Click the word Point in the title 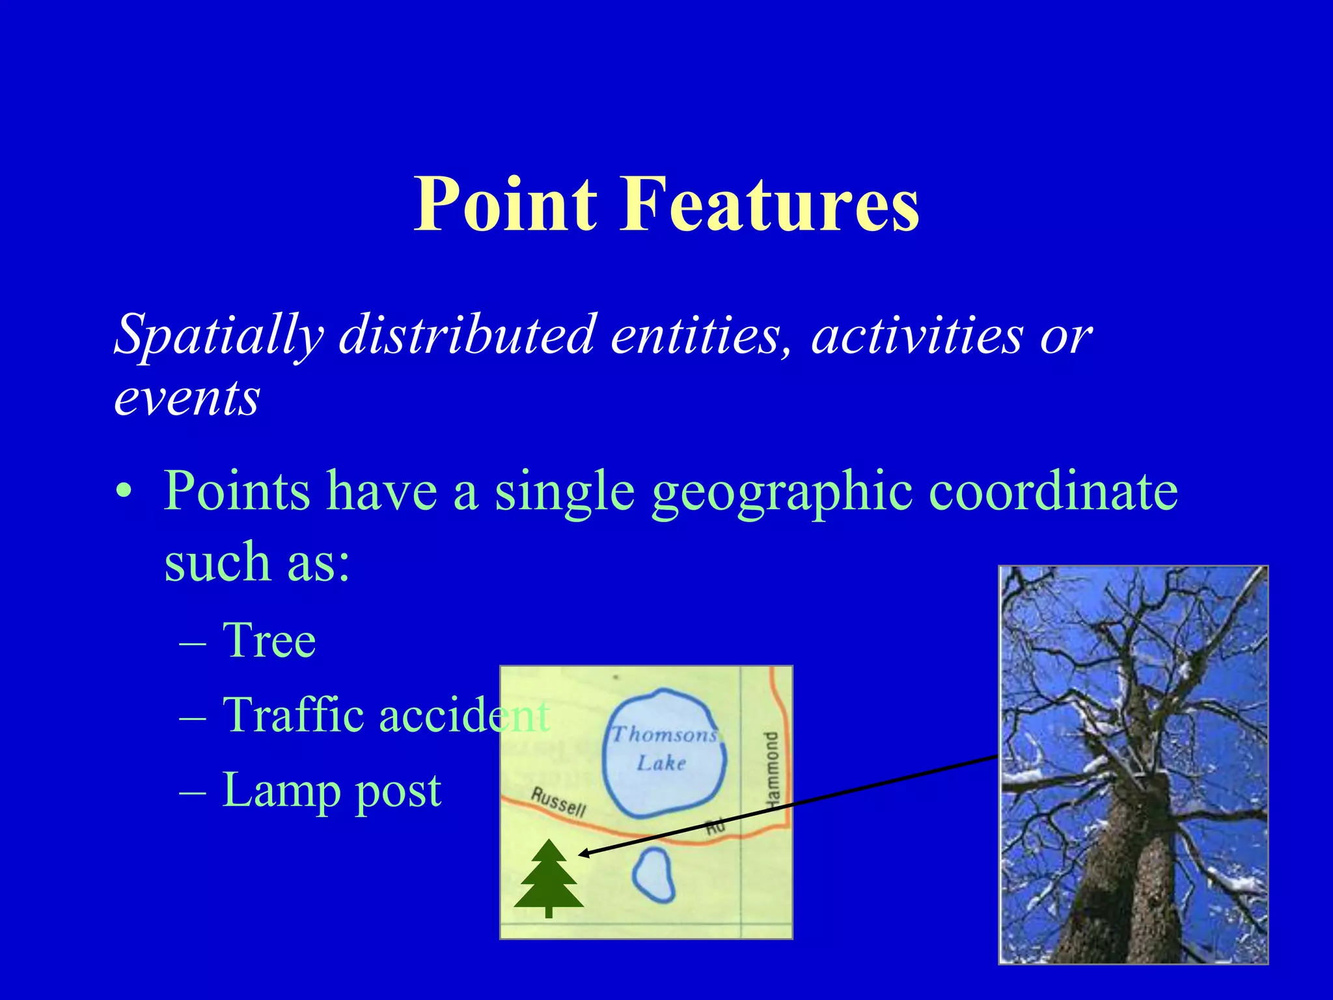[x=505, y=204]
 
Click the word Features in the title [x=769, y=204]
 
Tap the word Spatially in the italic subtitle [x=219, y=336]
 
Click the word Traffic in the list [x=292, y=714]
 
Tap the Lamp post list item [x=331, y=790]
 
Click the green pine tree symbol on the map [x=549, y=879]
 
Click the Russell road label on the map [x=558, y=801]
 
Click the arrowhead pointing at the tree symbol [x=583, y=854]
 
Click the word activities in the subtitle [x=917, y=336]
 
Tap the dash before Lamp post [x=193, y=792]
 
